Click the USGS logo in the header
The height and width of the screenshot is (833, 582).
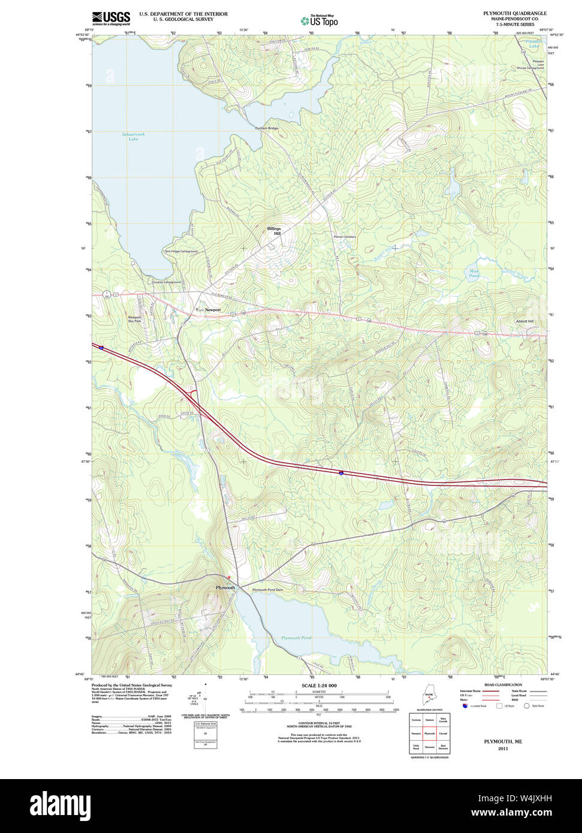(111, 18)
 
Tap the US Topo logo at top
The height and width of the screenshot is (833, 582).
(319, 20)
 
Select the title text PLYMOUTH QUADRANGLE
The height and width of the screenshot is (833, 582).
(515, 13)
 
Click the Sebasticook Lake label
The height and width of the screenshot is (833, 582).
(133, 137)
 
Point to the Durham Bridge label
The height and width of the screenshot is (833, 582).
(267, 128)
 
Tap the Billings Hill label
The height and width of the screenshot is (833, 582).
(274, 231)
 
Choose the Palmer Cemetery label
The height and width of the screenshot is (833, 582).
(345, 237)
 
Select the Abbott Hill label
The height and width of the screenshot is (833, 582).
(524, 321)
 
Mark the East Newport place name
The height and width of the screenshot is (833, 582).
(209, 310)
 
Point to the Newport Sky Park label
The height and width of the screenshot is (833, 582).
(134, 319)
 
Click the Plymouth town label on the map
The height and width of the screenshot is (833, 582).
(225, 588)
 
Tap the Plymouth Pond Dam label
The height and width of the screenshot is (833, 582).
(267, 590)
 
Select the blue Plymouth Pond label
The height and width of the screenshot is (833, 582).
(296, 638)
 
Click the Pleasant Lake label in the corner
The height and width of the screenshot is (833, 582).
(533, 44)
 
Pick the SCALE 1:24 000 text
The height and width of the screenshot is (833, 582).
(319, 686)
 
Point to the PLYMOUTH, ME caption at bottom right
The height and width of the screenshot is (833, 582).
(503, 741)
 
